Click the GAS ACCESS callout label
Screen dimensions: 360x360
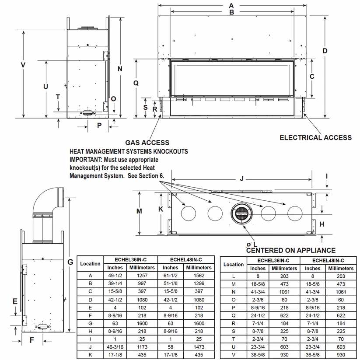(x=147, y=143)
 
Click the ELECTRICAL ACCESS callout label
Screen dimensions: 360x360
(x=315, y=137)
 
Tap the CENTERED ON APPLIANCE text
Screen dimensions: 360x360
(x=290, y=250)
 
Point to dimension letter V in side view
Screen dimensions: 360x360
(x=23, y=65)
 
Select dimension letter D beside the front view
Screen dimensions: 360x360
(x=325, y=51)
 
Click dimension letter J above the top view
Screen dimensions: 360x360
(x=241, y=178)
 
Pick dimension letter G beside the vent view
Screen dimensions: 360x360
(x=70, y=262)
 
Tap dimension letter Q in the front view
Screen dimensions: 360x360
(x=136, y=83)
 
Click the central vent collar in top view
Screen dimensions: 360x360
(x=241, y=213)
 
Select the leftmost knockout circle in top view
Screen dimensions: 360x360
(x=189, y=213)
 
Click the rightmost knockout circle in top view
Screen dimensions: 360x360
(x=295, y=213)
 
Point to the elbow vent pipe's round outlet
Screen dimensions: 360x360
(x=61, y=197)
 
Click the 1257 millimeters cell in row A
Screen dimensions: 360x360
(x=142, y=276)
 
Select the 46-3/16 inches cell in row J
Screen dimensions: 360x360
(x=115, y=347)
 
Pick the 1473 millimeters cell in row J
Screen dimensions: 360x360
(x=199, y=347)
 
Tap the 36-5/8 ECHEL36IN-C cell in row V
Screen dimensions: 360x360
(x=258, y=355)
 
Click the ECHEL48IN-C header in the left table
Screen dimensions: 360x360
(x=186, y=260)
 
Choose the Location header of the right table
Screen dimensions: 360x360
(x=234, y=265)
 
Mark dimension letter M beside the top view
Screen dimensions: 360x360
(x=139, y=211)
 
